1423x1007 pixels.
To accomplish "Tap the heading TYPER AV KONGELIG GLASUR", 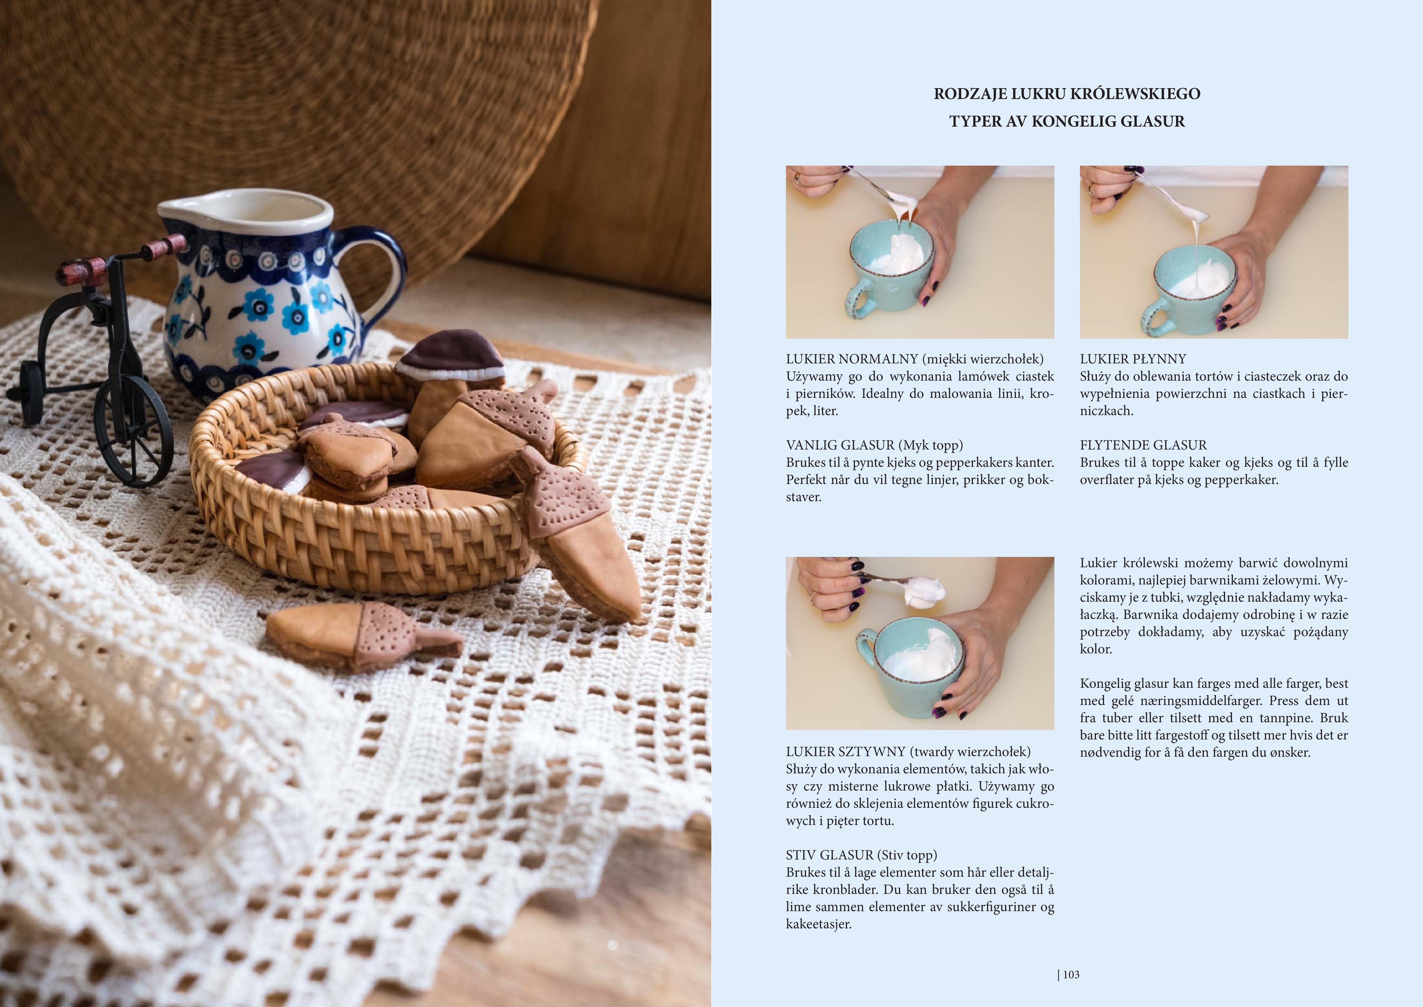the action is [x=1067, y=121].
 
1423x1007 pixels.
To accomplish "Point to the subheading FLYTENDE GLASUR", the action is [x=1144, y=445].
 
